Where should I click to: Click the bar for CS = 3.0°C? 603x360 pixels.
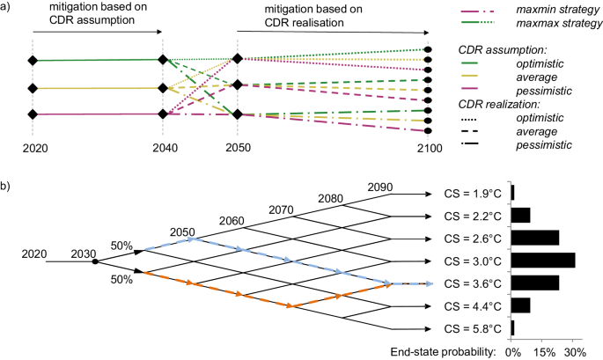coord(543,261)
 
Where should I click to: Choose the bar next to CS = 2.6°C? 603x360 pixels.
coord(535,238)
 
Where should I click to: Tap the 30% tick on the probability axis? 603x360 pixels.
coord(573,349)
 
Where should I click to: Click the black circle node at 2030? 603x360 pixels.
coord(95,261)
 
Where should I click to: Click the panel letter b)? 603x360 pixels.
coord(7,187)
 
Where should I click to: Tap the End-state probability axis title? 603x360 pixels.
coord(445,349)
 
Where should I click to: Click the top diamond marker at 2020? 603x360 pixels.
coord(33,61)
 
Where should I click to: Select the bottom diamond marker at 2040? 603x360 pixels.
coord(162,114)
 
